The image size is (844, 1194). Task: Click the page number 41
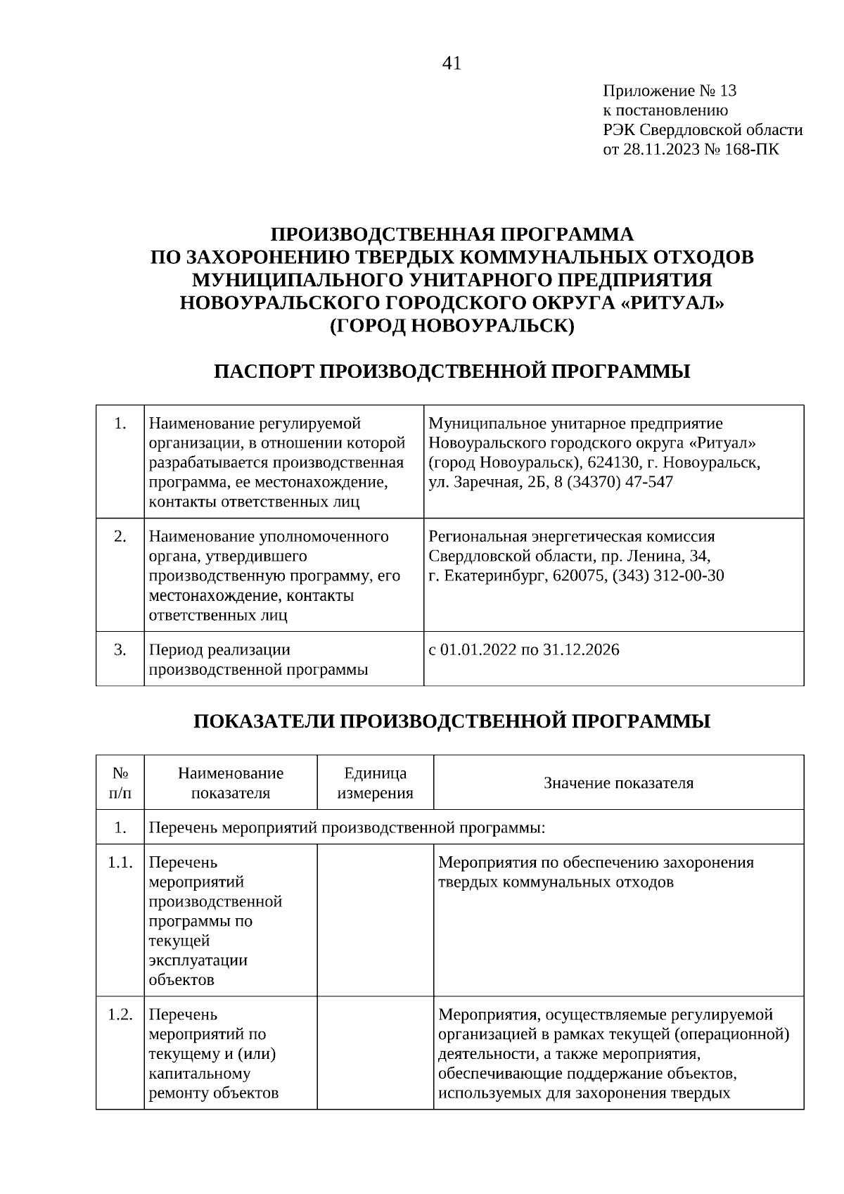tap(452, 64)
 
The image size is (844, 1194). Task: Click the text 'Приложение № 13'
tap(669, 91)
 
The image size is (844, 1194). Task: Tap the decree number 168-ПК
tap(755, 149)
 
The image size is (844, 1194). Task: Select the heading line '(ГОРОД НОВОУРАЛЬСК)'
tap(452, 326)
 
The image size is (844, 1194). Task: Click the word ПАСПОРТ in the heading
tap(264, 371)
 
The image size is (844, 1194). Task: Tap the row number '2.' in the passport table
tap(120, 537)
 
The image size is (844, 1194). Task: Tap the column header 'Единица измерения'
tap(375, 783)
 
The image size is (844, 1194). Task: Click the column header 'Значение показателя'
tap(618, 783)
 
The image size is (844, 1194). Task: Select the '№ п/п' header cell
tap(120, 783)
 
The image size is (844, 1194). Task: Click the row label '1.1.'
tap(120, 863)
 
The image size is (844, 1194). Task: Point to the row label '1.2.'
tap(120, 1015)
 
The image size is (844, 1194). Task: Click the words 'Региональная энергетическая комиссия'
tap(571, 537)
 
